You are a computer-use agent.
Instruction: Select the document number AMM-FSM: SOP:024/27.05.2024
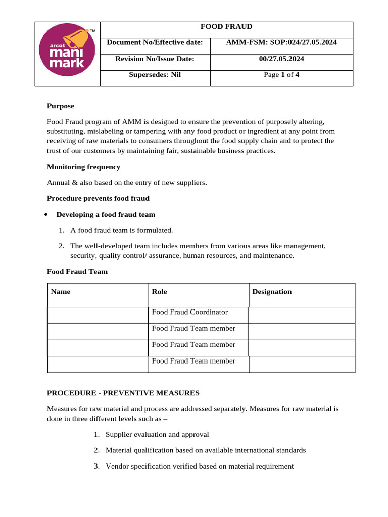pos(281,42)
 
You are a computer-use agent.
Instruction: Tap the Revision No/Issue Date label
pos(155,59)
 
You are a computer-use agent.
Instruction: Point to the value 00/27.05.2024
pos(281,59)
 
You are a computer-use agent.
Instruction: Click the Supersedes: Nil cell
pos(155,75)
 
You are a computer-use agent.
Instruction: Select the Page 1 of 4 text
pos(281,75)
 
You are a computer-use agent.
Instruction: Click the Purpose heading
pos(61,106)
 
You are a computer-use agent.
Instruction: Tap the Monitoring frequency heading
pos(83,167)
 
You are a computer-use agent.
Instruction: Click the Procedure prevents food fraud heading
pos(98,198)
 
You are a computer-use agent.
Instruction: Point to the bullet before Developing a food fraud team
pos(46,214)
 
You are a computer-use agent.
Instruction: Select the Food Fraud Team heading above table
pos(77,272)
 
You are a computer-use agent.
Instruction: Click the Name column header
pos(61,292)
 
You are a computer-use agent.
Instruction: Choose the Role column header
pos(159,292)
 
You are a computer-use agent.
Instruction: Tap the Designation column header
pos(272,292)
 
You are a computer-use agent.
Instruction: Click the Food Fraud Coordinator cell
pos(190,313)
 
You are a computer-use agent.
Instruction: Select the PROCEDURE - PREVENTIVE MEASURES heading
pos(123,393)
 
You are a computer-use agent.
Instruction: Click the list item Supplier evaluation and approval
pos(157,435)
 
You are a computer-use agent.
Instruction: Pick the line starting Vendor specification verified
pos(199,467)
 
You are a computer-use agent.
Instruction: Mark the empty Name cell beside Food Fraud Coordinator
pos(98,315)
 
